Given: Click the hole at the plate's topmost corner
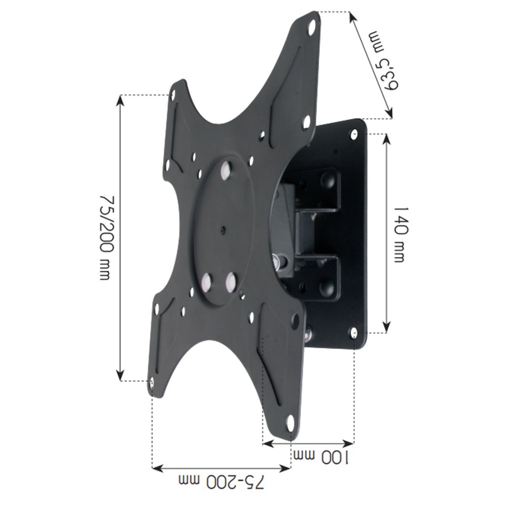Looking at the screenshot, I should point(312,23).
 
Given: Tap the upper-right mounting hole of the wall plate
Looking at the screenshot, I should point(355,133).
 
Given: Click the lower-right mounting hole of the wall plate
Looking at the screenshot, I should point(354,333).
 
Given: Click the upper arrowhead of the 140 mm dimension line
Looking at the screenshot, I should point(386,138).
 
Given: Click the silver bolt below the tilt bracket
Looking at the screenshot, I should point(308,333).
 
